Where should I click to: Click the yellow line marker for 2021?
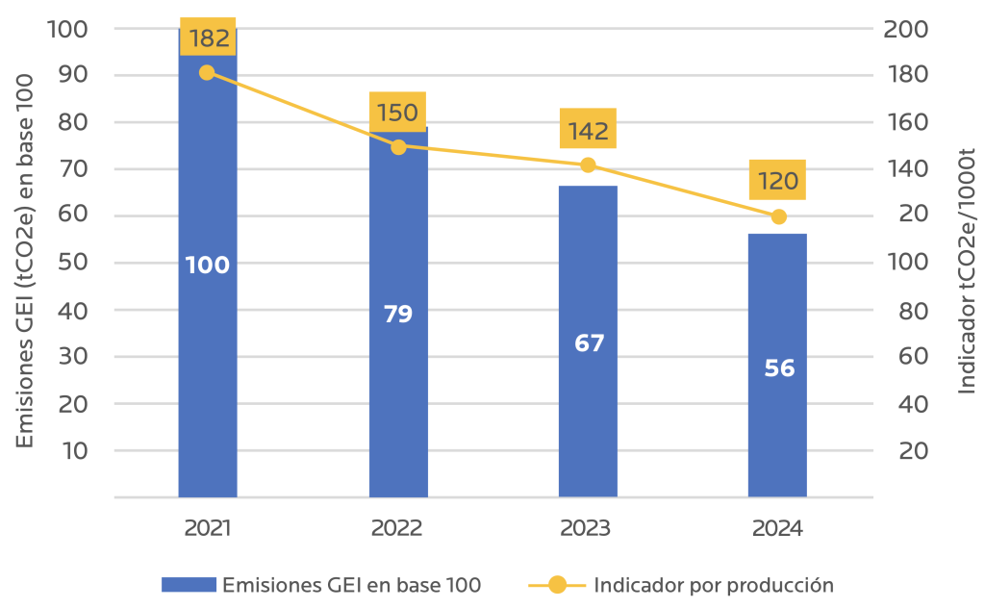tap(207, 73)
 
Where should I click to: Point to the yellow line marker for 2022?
tap(398, 147)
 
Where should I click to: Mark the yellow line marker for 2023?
tap(588, 165)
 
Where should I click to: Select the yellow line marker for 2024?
tap(778, 216)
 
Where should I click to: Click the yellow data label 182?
tap(208, 39)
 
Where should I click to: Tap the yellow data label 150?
tap(397, 114)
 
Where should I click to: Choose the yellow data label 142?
tap(588, 131)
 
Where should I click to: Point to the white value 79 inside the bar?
tap(398, 314)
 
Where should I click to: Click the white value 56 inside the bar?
tap(778, 368)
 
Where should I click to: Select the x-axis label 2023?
tap(586, 528)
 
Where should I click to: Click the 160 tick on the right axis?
tap(906, 122)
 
